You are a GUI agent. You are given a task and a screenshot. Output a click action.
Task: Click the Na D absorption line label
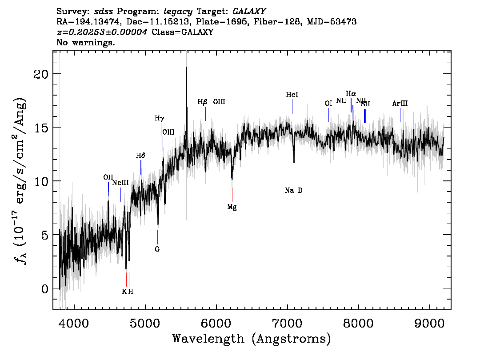[x=293, y=191]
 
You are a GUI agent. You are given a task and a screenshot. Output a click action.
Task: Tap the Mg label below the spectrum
[x=232, y=207]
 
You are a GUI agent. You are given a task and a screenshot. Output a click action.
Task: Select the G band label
[x=157, y=249]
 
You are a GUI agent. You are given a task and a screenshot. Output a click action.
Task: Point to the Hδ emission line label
[x=140, y=156]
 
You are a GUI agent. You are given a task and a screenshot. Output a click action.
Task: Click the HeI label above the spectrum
[x=292, y=95]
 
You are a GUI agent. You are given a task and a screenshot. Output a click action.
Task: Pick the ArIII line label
[x=400, y=104]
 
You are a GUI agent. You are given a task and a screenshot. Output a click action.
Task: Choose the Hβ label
[x=202, y=102]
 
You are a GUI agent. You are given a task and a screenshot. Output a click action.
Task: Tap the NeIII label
[x=120, y=183]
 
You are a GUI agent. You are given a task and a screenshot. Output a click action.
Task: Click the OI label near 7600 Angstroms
[x=328, y=104]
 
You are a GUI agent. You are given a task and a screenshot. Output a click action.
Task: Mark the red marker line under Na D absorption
[x=294, y=178]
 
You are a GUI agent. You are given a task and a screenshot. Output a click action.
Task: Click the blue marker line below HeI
[x=292, y=106]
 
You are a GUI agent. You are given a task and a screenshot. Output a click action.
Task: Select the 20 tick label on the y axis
[x=41, y=74]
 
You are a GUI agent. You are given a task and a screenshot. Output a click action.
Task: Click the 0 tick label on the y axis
[x=45, y=289]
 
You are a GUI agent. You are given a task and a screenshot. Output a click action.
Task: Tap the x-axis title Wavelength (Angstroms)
[x=252, y=339]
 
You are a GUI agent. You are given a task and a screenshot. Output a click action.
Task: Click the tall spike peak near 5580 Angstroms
[x=186, y=67]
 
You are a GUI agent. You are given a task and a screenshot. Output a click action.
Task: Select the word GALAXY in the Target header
[x=249, y=12]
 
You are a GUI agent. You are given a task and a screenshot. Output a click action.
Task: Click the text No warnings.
[x=85, y=42]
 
